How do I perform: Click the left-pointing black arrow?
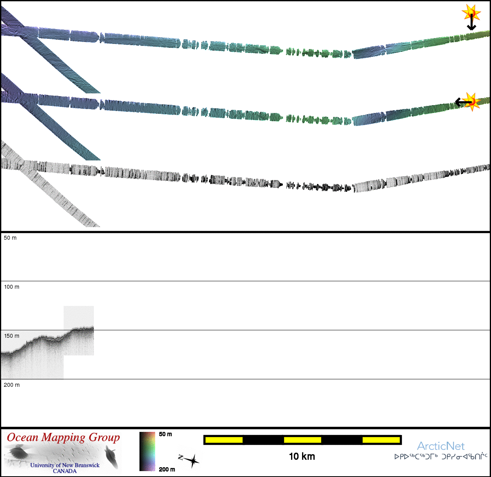click(462, 102)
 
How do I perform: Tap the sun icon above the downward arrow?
click(471, 13)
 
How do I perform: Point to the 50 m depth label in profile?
click(10, 238)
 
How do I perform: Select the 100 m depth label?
click(11, 287)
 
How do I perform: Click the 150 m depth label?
click(11, 336)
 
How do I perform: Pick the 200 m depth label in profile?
click(11, 385)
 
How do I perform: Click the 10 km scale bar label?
click(302, 457)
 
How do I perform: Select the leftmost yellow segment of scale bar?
click(224, 440)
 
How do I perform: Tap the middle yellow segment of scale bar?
click(302, 440)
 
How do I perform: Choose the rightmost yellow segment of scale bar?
click(381, 440)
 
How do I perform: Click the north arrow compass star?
click(191, 461)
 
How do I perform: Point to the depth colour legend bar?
click(147, 451)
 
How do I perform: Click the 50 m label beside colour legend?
click(165, 434)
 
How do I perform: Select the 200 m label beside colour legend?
click(167, 470)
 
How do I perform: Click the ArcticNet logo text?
click(441, 446)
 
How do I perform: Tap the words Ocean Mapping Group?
click(63, 438)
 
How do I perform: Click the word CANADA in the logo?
click(65, 471)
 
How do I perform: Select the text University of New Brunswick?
click(65, 465)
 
